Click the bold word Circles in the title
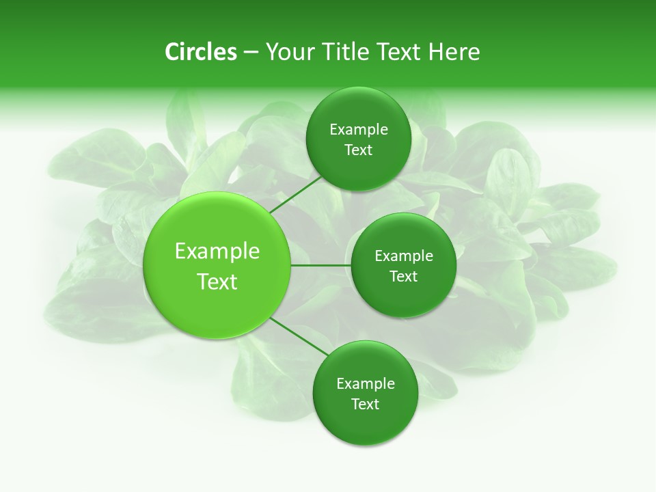[201, 52]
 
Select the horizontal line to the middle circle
[320, 264]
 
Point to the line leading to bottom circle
[299, 337]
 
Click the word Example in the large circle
[217, 251]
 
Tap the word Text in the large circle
[217, 282]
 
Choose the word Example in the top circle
[359, 130]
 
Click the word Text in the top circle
[358, 150]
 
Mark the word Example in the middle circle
[404, 256]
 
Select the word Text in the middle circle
[403, 277]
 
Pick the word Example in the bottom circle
[366, 384]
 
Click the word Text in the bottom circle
[365, 405]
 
